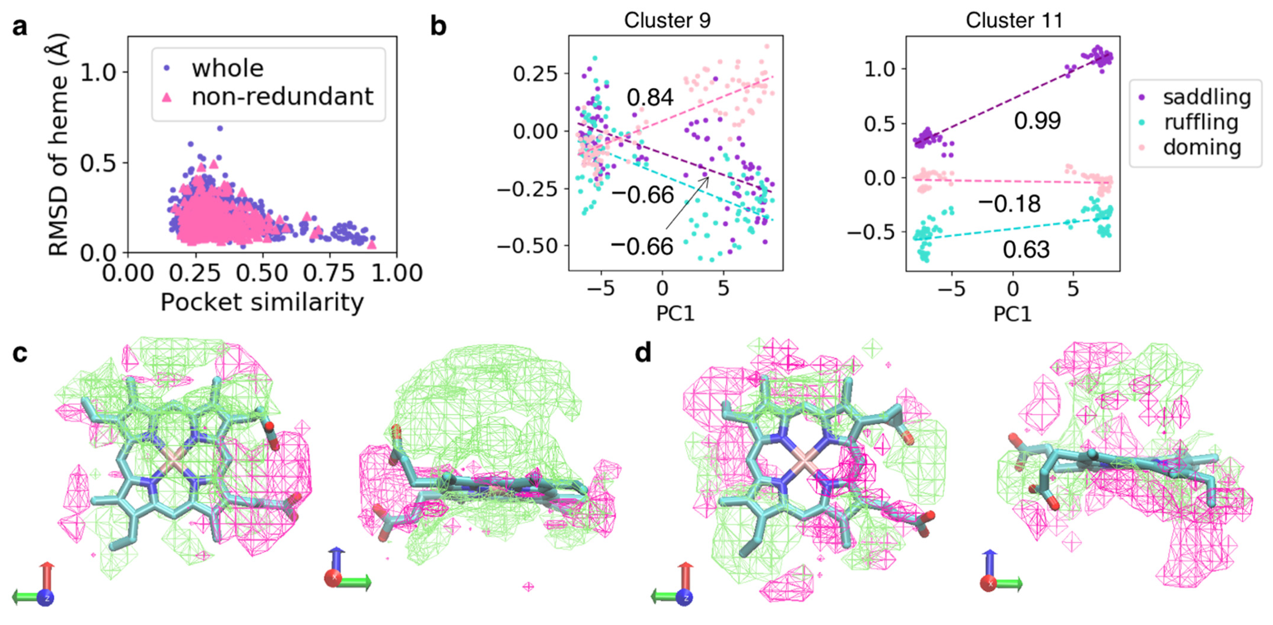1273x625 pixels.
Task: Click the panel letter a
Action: click(x=19, y=27)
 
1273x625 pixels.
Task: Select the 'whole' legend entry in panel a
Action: click(x=227, y=68)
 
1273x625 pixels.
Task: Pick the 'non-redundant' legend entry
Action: click(x=282, y=97)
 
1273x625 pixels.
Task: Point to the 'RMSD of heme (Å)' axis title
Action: click(x=58, y=144)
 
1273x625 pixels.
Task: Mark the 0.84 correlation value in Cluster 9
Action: click(x=650, y=97)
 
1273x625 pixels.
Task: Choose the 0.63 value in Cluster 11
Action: click(x=1026, y=250)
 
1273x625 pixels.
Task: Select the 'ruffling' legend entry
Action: click(x=1201, y=122)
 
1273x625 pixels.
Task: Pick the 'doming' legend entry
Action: click(x=1202, y=147)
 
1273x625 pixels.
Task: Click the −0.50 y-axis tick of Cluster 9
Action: click(x=527, y=246)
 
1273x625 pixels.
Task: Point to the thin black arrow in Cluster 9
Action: click(x=687, y=203)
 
